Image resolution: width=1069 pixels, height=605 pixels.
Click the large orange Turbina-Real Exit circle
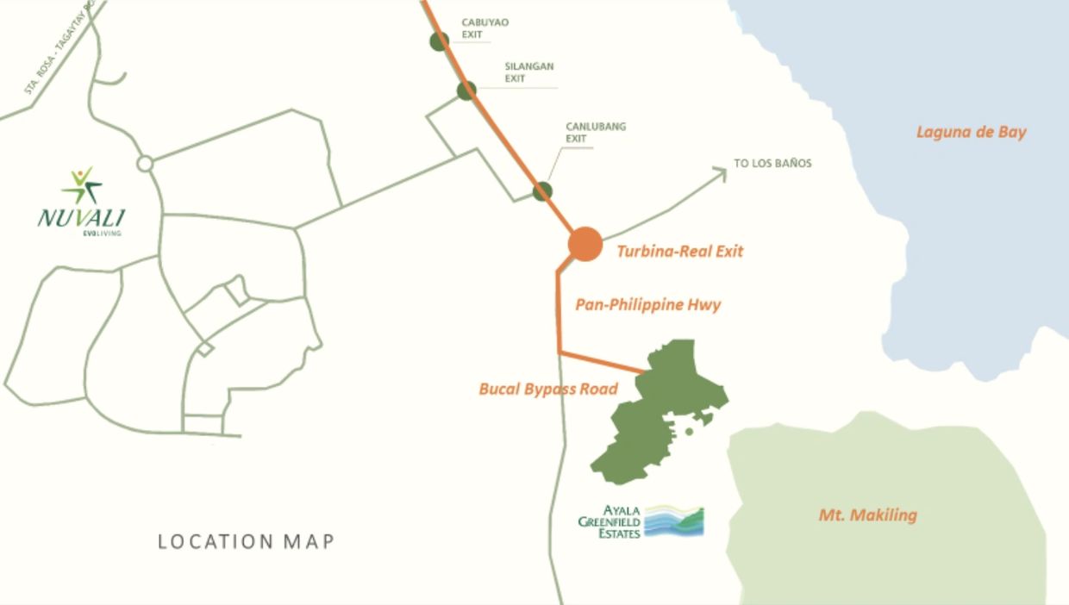[585, 244]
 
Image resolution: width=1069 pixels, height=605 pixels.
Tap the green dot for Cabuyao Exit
[440, 41]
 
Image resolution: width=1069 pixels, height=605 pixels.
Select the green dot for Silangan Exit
[466, 90]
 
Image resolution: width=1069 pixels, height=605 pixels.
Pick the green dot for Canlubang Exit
[542, 190]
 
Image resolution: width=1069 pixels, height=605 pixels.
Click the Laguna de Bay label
[971, 133]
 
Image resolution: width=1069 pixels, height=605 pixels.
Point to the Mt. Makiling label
[867, 515]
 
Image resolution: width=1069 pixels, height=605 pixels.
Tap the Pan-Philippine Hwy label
[647, 304]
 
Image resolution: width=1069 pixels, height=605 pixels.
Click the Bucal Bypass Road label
[548, 389]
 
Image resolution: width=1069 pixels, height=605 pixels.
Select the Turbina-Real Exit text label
[679, 252]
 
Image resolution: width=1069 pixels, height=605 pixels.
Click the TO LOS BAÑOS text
[772, 163]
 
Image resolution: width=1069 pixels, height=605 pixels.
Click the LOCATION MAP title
[246, 542]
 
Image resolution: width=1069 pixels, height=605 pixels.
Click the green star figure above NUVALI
[83, 184]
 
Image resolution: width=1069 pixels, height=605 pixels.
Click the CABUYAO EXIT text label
[484, 28]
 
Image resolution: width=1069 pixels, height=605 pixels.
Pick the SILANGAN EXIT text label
[529, 72]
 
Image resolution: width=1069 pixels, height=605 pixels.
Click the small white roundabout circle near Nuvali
[145, 163]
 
